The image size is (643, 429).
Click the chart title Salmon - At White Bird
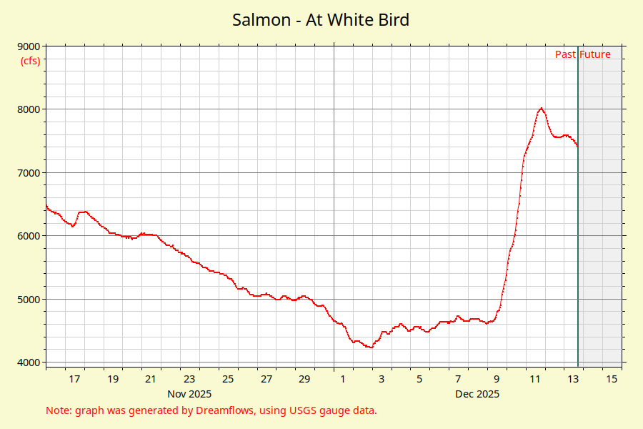321,19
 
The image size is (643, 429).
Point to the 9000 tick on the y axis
29,46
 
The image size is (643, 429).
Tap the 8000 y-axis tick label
29,109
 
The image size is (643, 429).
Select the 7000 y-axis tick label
29,173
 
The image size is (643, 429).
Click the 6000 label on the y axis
29,236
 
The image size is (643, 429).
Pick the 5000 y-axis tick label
29,300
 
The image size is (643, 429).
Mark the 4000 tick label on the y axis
29,363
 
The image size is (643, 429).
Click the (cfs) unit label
30,60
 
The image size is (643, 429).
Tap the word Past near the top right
566,54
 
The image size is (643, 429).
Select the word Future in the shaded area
595,54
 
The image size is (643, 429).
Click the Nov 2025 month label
189,394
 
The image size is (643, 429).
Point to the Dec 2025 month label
477,394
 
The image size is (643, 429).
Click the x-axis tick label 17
74,379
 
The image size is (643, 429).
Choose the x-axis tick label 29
304,379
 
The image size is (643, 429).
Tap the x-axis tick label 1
343,379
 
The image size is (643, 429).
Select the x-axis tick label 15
612,379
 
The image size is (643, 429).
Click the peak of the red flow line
542,108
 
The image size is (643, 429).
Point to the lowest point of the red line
370,347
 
